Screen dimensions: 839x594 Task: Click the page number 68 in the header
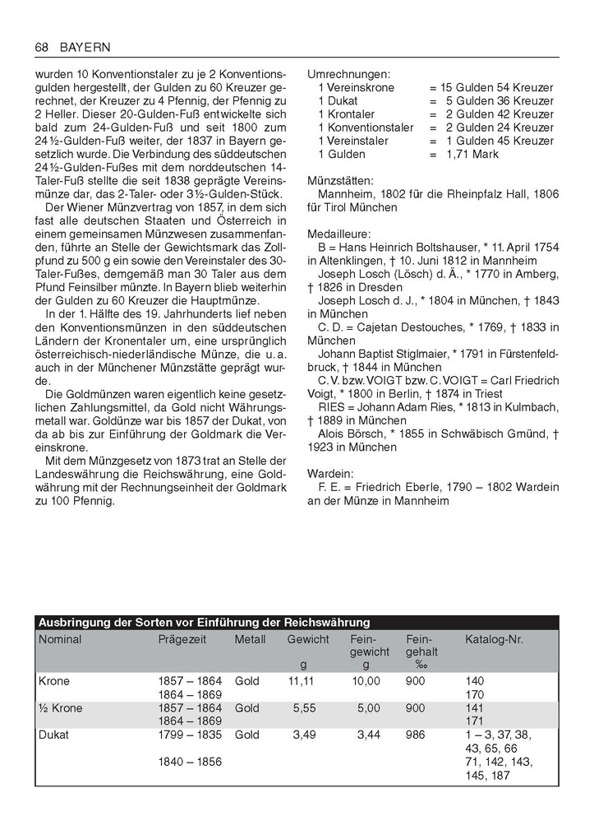(42, 47)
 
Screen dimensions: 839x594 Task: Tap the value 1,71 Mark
(472, 154)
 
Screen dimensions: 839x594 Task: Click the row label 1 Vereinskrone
(356, 87)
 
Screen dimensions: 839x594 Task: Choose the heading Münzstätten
(340, 180)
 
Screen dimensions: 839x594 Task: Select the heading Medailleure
(339, 234)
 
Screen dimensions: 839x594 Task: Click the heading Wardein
(330, 474)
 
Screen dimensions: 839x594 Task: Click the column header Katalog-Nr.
(494, 639)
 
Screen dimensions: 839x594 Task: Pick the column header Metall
(250, 639)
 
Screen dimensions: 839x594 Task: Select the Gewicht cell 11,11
(302, 681)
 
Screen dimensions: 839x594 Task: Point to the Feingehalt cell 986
(416, 735)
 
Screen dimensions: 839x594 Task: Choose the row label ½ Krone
(60, 708)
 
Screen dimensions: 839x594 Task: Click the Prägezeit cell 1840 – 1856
(190, 762)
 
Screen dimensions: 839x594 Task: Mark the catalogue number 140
(475, 681)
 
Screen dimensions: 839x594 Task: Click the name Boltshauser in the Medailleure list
(449, 247)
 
